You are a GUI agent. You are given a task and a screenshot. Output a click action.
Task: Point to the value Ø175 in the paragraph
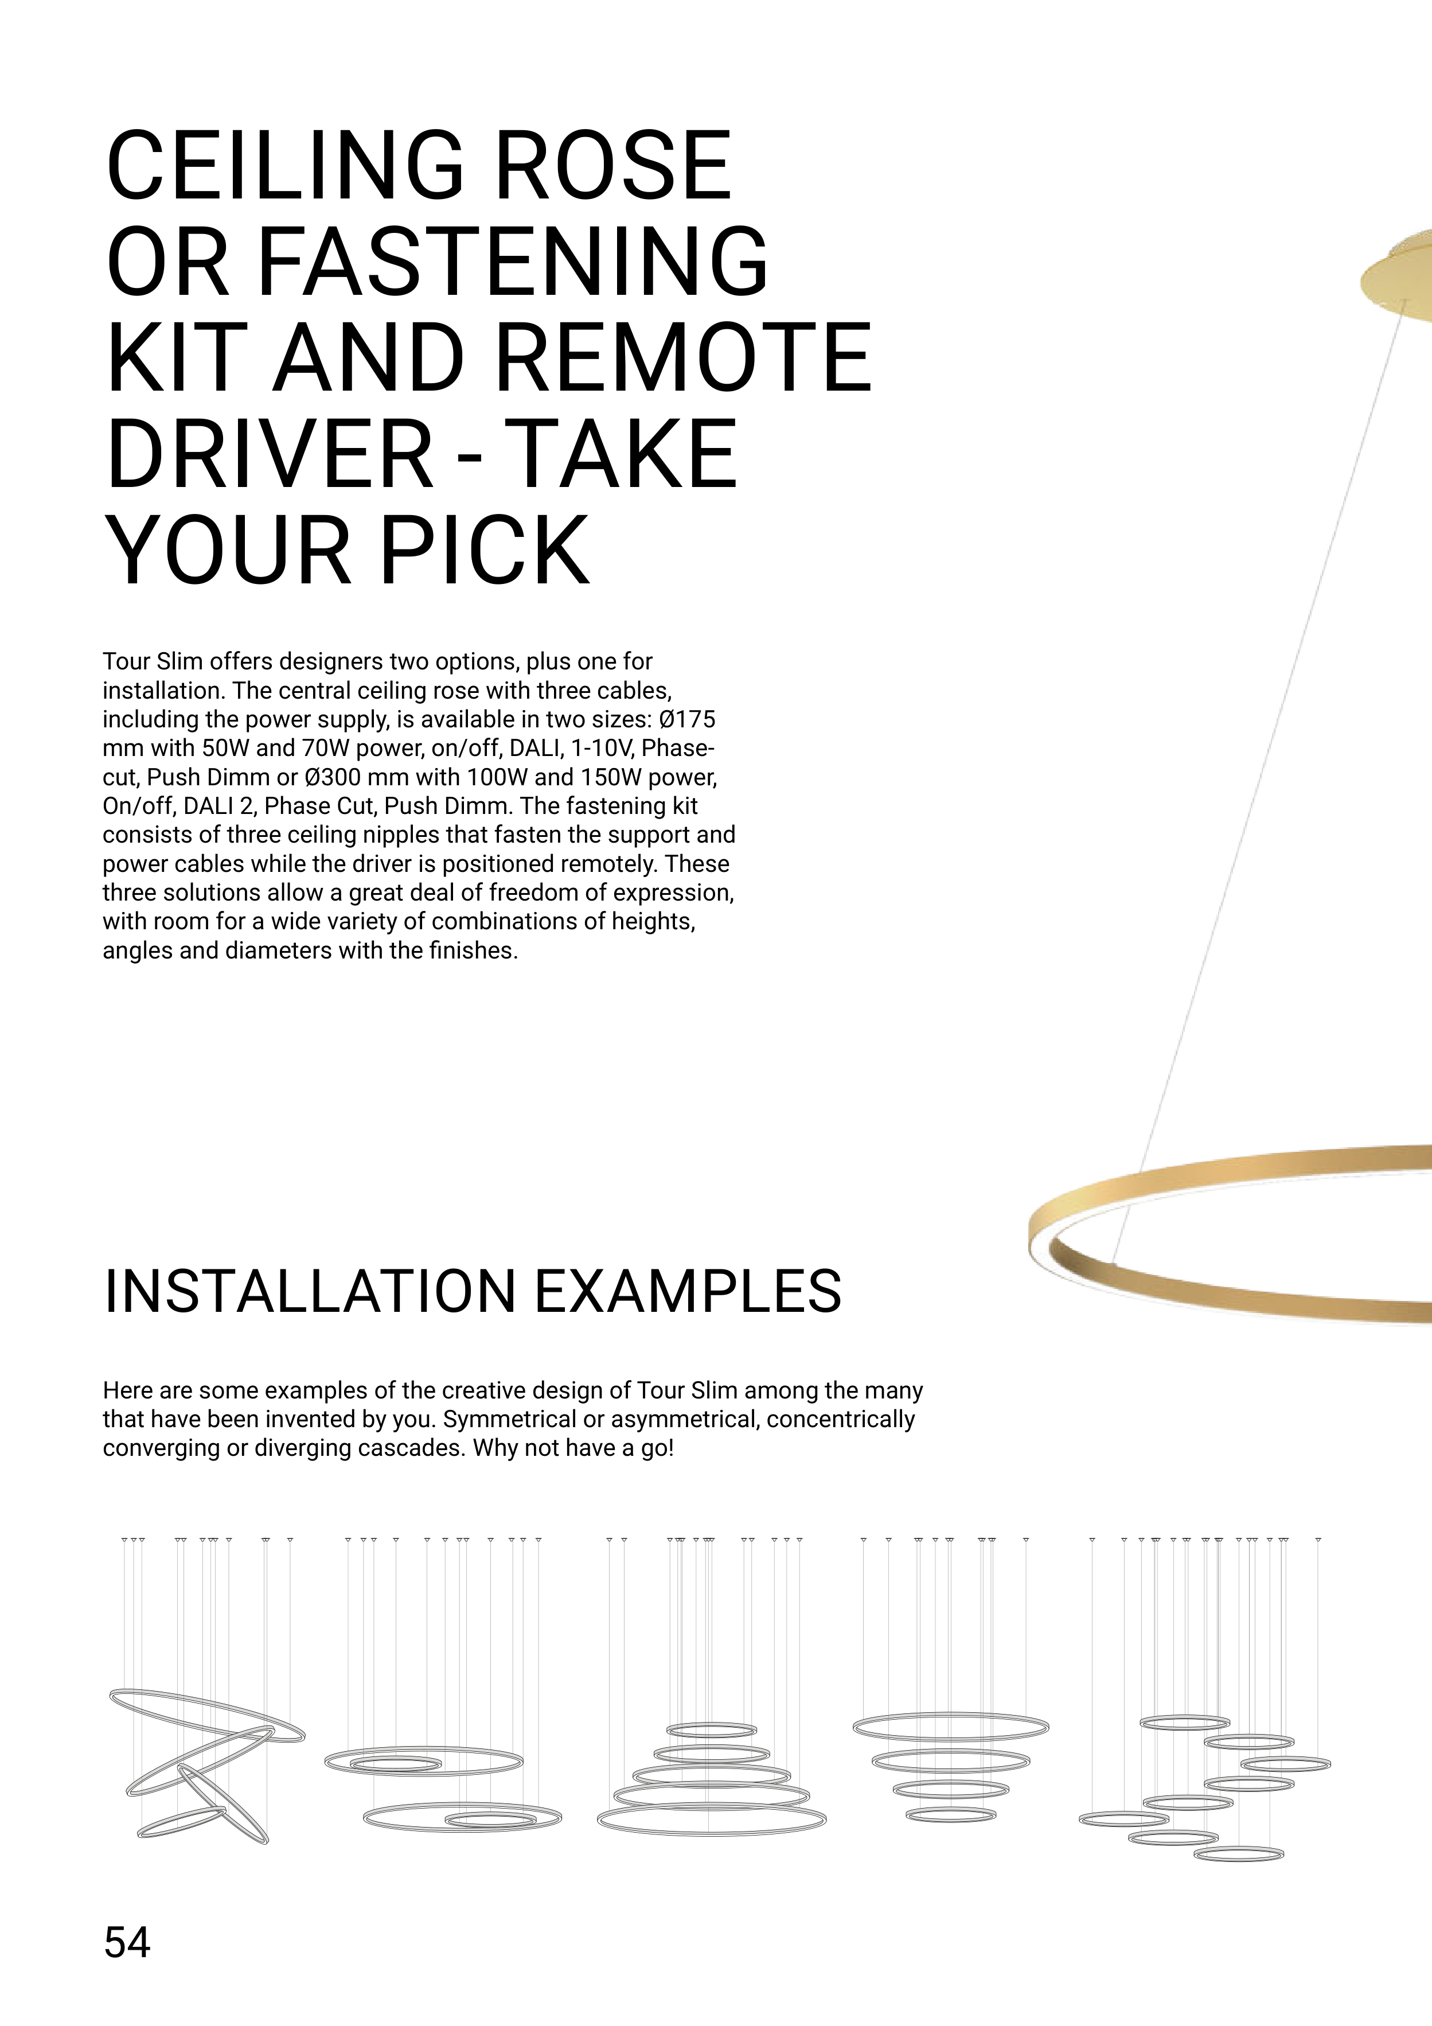point(686,719)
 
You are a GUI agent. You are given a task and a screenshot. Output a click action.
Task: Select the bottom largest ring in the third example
point(711,1818)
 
